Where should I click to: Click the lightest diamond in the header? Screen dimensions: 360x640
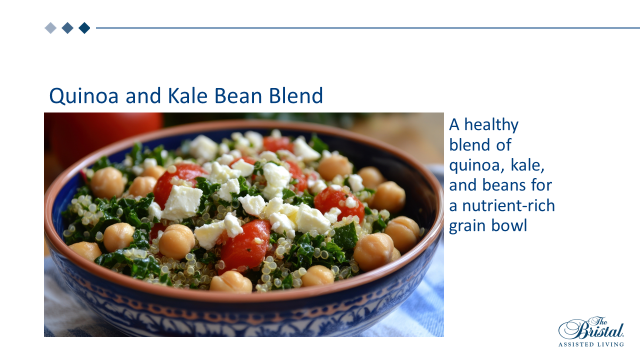50,28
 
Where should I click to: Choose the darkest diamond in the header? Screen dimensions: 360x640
84,28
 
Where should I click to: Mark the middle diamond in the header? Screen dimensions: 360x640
67,28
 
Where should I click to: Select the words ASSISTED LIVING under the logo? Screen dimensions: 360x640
591,344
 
